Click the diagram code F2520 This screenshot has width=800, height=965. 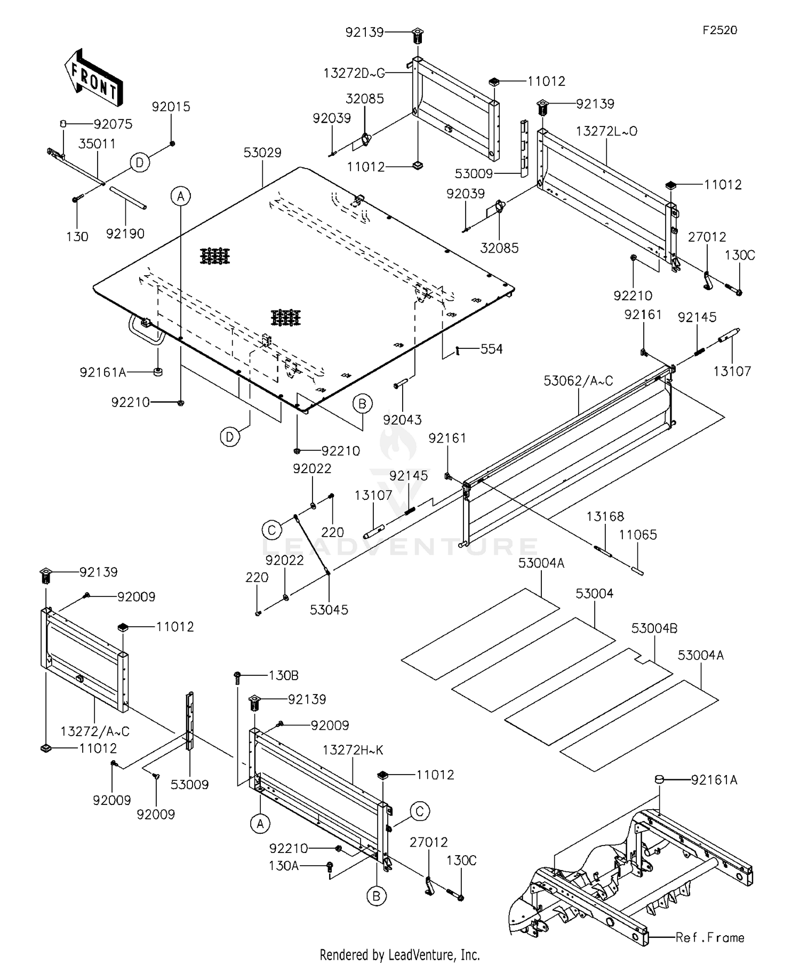click(719, 30)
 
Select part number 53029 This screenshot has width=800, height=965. click(262, 153)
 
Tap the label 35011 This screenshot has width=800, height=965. click(97, 143)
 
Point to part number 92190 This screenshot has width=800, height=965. click(125, 234)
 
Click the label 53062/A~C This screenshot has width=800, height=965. click(578, 381)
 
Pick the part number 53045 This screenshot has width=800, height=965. click(329, 610)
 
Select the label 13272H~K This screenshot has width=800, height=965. click(353, 750)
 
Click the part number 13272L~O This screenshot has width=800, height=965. click(606, 131)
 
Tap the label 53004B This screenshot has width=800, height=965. click(654, 628)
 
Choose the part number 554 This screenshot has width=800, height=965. click(491, 349)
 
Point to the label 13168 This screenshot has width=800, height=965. click(605, 516)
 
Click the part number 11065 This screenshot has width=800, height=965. click(638, 535)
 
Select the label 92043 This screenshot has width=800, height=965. click(402, 420)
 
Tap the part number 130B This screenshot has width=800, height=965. click(283, 675)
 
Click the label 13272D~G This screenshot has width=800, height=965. click(354, 73)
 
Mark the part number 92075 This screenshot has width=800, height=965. click(113, 124)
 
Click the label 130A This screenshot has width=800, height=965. click(284, 865)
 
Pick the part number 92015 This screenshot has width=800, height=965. click(171, 107)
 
